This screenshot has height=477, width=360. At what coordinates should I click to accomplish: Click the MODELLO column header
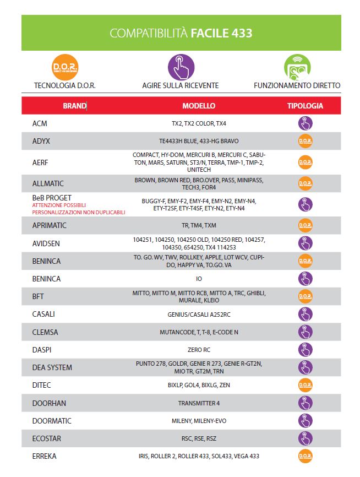coord(199,106)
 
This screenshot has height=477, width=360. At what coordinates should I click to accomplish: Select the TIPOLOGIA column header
coord(305,106)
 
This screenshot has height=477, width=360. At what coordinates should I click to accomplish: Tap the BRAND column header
coord(74,106)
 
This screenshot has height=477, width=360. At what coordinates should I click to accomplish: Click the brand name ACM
coord(40,123)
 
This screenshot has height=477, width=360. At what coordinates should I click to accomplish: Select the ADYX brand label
coord(41,141)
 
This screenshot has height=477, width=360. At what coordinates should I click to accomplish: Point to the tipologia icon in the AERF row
coord(305,162)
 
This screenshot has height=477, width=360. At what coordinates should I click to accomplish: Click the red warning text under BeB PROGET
coord(79,208)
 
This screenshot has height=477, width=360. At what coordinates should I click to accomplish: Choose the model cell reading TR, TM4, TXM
coord(199,226)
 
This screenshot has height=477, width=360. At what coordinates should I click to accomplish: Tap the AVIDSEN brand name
coord(46,243)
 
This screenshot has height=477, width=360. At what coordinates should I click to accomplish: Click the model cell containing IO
coord(199,279)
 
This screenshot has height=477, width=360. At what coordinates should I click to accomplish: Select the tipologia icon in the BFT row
coord(305,296)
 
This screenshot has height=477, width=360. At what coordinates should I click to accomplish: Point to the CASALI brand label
coord(43,314)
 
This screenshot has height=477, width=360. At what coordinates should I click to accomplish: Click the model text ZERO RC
coord(199,350)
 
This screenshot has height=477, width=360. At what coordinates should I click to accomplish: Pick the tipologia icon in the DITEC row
coord(305,385)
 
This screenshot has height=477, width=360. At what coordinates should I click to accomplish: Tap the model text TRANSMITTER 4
coord(199,403)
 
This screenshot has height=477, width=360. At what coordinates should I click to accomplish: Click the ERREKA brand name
coord(44,456)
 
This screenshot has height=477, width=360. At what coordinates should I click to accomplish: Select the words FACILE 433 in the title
coord(221,33)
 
